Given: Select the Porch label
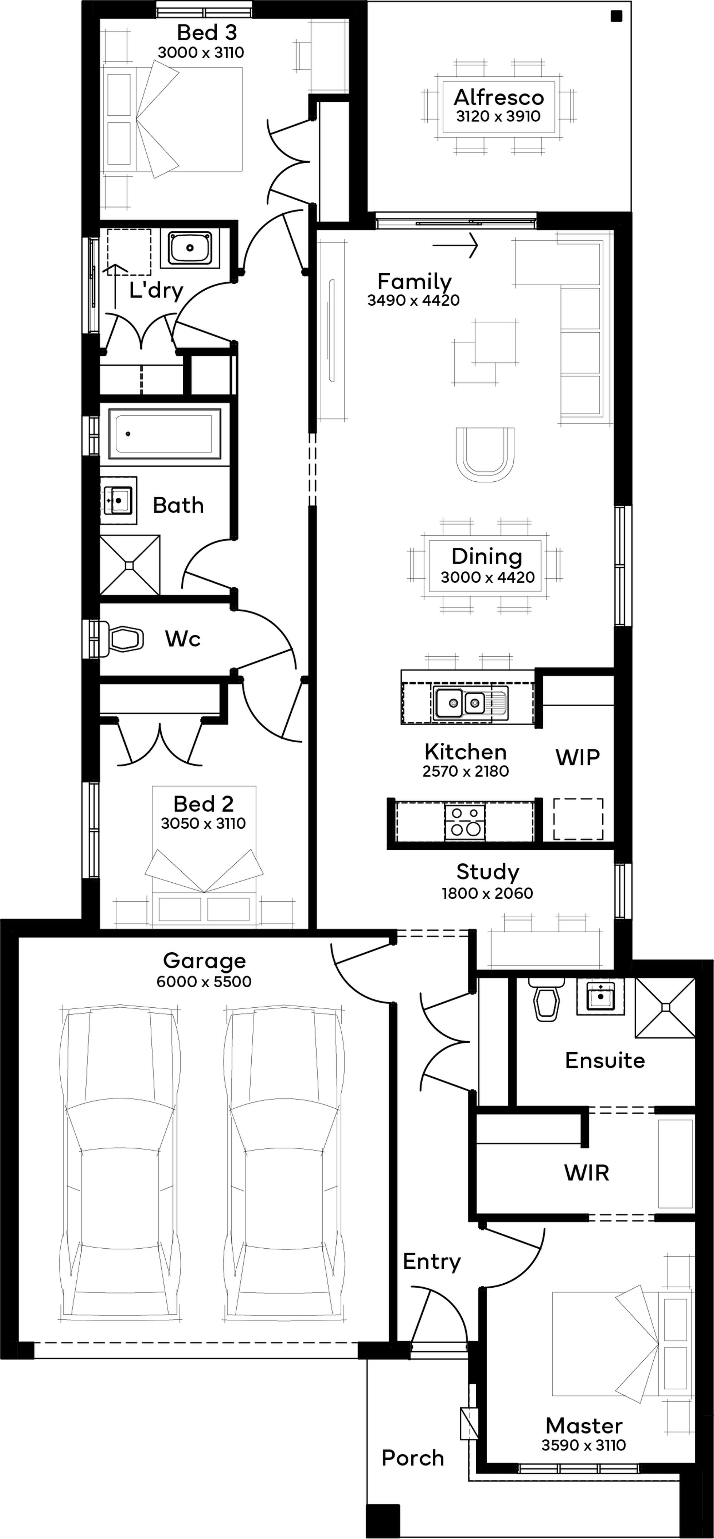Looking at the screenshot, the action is click(x=413, y=1458).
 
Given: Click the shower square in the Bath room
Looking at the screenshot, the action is click(x=130, y=565).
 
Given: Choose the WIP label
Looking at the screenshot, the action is click(x=577, y=757).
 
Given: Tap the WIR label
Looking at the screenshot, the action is click(x=587, y=1173).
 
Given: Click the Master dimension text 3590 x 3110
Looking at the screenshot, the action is click(x=584, y=1445).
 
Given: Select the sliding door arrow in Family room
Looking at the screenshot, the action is click(x=455, y=244).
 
